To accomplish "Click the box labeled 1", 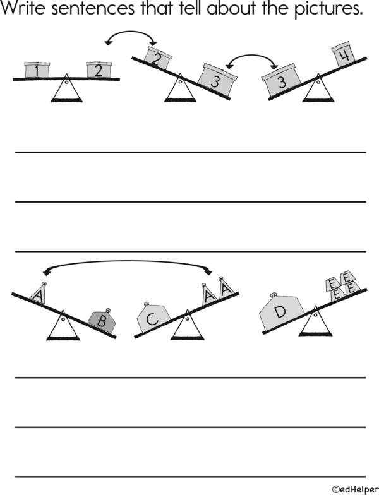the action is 37,69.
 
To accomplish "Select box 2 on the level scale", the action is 99,69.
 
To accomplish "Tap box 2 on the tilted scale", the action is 157,58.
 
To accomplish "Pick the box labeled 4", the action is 344,54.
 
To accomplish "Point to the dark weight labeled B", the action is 102,321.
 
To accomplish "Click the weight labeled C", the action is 153,317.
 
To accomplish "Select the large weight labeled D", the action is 280,312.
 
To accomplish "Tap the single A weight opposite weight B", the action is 39,293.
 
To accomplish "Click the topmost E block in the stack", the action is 346,277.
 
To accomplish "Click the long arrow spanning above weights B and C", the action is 128,261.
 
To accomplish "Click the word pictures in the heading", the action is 328,9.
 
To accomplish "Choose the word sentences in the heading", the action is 92,9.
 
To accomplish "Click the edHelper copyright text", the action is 355,489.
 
